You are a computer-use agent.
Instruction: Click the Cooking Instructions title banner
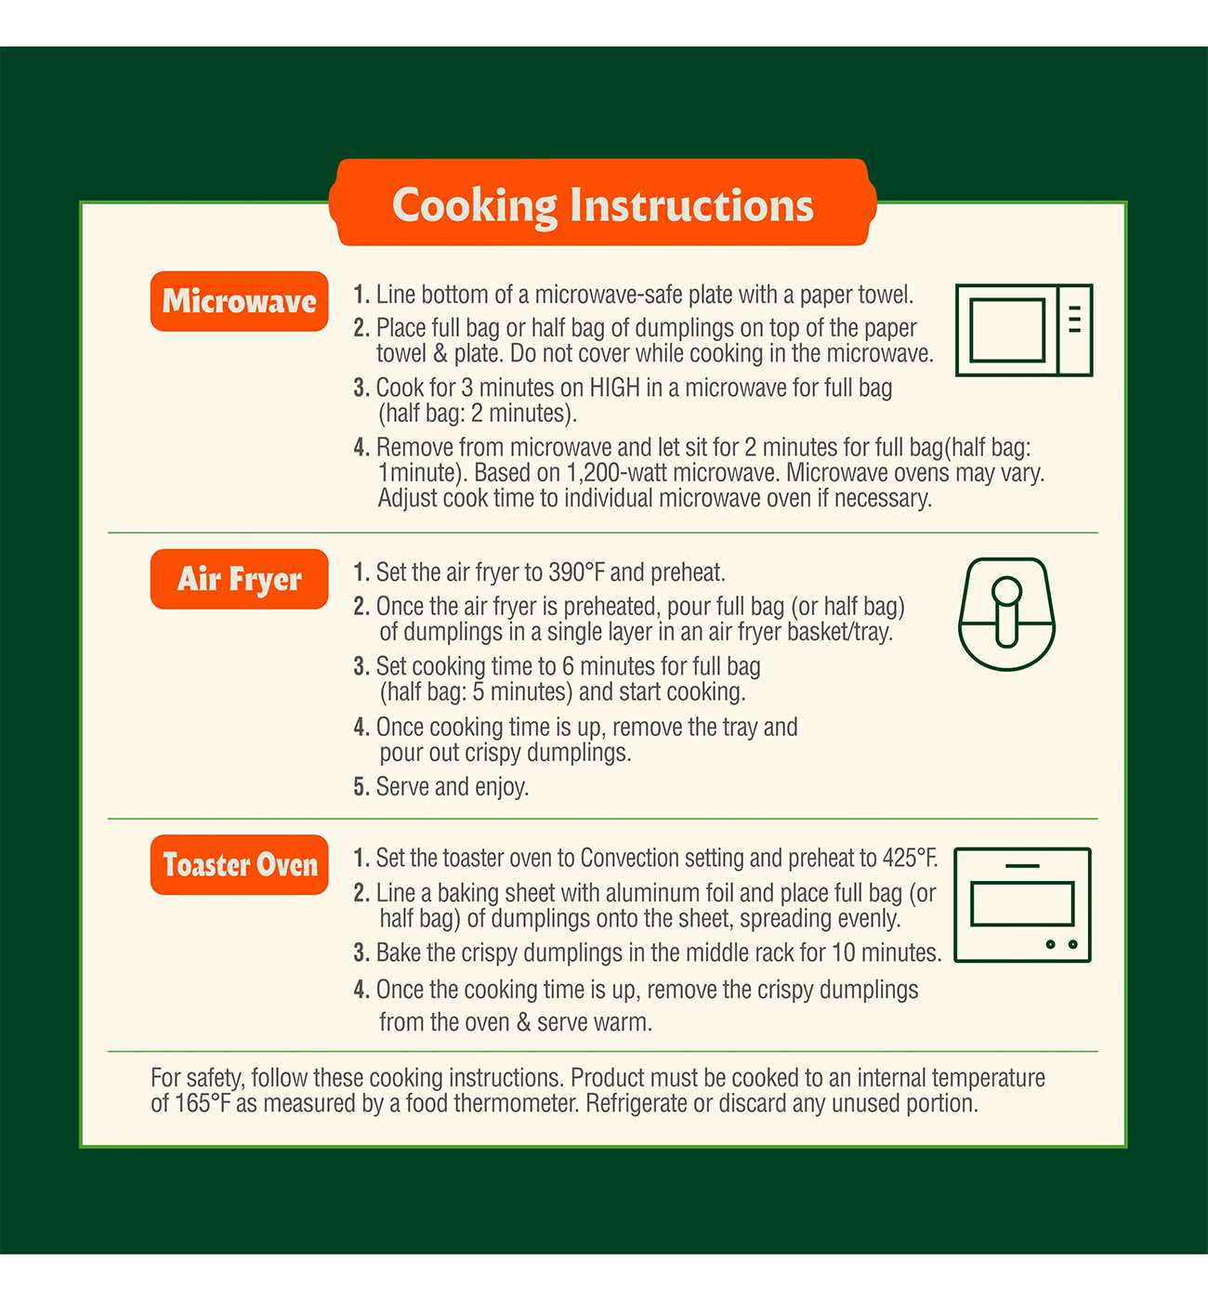tap(603, 203)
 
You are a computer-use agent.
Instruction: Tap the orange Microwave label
tap(239, 301)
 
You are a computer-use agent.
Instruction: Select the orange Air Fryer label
tap(239, 579)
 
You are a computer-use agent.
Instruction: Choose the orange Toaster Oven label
tap(239, 865)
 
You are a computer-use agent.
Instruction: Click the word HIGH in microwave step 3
tap(614, 388)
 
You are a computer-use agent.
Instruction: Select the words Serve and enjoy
tap(452, 787)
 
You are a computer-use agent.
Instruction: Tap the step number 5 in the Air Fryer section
tap(361, 787)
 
